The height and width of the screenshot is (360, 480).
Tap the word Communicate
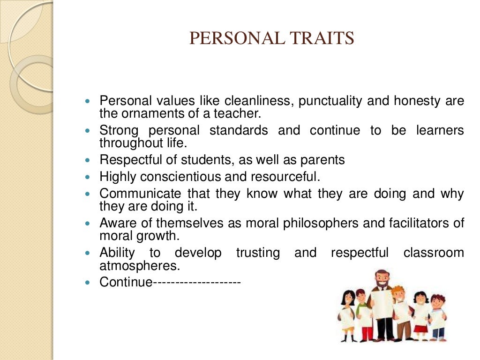point(140,194)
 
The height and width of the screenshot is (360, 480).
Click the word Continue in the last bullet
point(126,282)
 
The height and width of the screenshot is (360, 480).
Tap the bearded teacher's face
point(382,280)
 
